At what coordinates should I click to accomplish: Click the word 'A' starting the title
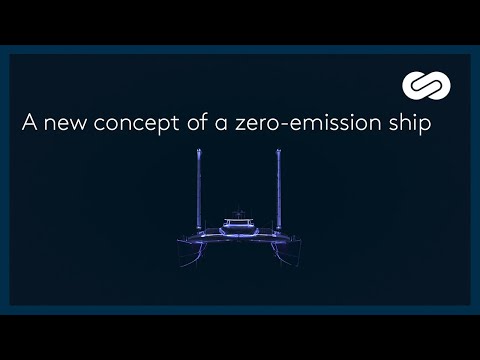[29, 125]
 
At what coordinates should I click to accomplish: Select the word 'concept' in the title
[129, 126]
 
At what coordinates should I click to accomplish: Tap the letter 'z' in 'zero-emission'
[240, 126]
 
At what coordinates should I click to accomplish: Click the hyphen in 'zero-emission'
[282, 126]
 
